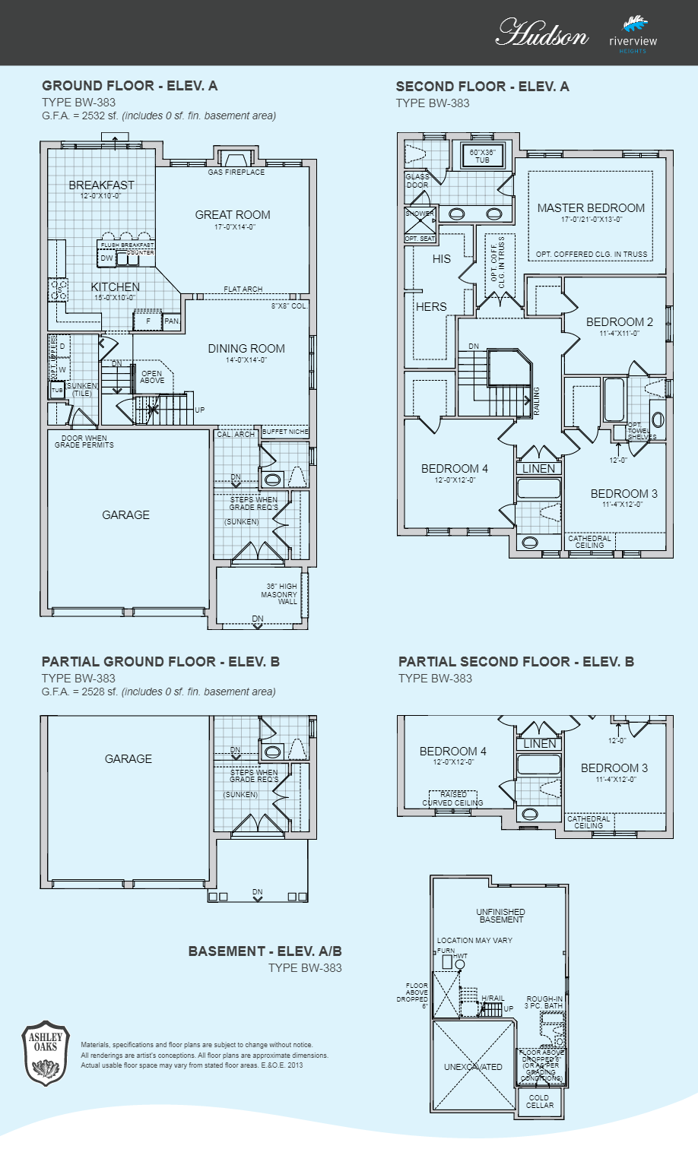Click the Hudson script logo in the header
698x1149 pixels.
click(541, 34)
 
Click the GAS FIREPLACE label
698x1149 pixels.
click(236, 173)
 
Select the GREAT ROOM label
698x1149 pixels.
click(233, 215)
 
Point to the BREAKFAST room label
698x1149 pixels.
click(101, 185)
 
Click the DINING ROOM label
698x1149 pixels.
click(246, 349)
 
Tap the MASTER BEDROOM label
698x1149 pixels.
click(591, 208)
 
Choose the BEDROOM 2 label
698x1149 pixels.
click(619, 322)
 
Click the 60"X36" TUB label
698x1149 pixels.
click(483, 157)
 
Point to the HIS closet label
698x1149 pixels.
click(442, 259)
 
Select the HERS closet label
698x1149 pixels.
click(431, 307)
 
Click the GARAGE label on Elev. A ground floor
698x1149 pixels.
click(125, 515)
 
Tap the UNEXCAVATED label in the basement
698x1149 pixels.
click(473, 1067)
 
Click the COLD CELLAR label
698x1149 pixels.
click(539, 1101)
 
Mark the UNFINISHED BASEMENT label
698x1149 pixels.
click(500, 916)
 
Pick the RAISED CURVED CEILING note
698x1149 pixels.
click(453, 799)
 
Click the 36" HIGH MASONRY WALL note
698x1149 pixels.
click(281, 594)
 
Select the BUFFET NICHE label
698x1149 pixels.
click(285, 432)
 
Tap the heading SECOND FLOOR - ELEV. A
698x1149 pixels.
click(482, 87)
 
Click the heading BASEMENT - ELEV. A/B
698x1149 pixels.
click(265, 951)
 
